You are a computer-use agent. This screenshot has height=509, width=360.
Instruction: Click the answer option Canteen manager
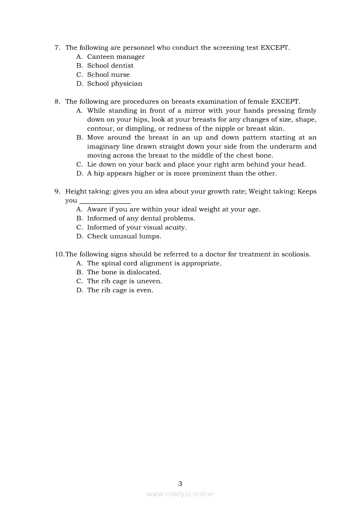[115, 57]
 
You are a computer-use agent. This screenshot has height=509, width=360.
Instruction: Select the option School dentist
[110, 66]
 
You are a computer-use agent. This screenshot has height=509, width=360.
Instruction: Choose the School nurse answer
[108, 74]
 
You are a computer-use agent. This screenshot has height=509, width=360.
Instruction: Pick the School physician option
[115, 84]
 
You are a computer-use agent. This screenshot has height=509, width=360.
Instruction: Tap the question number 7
[57, 47]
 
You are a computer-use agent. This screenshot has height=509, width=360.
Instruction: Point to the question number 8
[57, 101]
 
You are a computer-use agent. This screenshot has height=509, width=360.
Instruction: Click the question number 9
[57, 192]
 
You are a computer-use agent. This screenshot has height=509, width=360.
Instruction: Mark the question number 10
[59, 254]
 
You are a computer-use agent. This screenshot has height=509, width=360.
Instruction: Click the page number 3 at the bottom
[180, 483]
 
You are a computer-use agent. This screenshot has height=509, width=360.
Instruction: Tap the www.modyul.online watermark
[180, 494]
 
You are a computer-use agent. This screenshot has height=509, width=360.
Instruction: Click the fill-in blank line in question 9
[105, 202]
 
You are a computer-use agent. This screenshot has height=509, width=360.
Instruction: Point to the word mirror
[194, 111]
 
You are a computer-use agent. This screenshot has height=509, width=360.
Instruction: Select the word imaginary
[103, 147]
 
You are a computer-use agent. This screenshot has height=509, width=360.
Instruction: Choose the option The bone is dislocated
[124, 272]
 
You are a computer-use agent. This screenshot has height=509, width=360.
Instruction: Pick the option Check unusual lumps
[124, 236]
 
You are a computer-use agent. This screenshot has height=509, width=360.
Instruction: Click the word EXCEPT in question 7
[274, 47]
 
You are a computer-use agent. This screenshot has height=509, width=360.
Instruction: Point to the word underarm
[286, 147]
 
